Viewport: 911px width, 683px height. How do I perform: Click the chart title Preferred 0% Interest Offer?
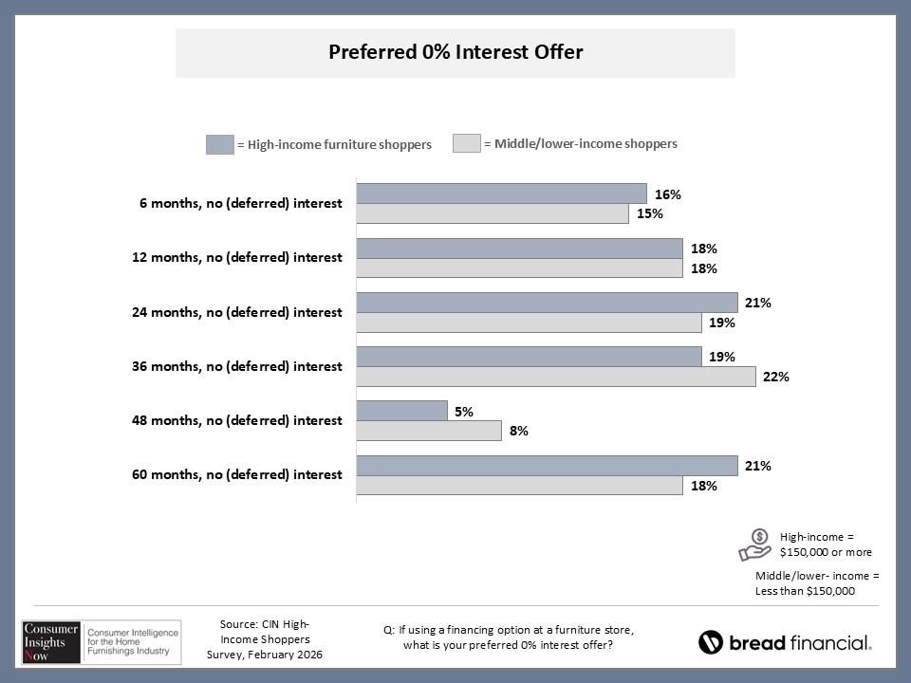455,52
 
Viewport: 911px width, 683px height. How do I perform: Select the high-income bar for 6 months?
501,194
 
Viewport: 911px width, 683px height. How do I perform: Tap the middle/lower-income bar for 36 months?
556,377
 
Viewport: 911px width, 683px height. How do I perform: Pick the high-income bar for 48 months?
401,411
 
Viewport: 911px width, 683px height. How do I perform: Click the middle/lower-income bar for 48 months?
429,431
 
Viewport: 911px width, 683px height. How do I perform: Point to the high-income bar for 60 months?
547,466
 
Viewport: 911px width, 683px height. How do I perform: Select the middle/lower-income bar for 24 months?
529,323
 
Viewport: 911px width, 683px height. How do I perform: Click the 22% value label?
776,377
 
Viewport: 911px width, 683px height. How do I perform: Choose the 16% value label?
668,194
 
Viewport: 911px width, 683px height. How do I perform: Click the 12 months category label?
236,257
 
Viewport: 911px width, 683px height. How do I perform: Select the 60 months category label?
236,474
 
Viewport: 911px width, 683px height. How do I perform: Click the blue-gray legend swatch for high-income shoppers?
218,144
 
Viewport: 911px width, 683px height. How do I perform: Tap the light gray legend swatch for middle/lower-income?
466,144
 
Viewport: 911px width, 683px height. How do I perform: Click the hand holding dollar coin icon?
756,545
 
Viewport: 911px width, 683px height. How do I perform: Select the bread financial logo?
785,642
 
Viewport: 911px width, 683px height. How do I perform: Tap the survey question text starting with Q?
508,638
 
